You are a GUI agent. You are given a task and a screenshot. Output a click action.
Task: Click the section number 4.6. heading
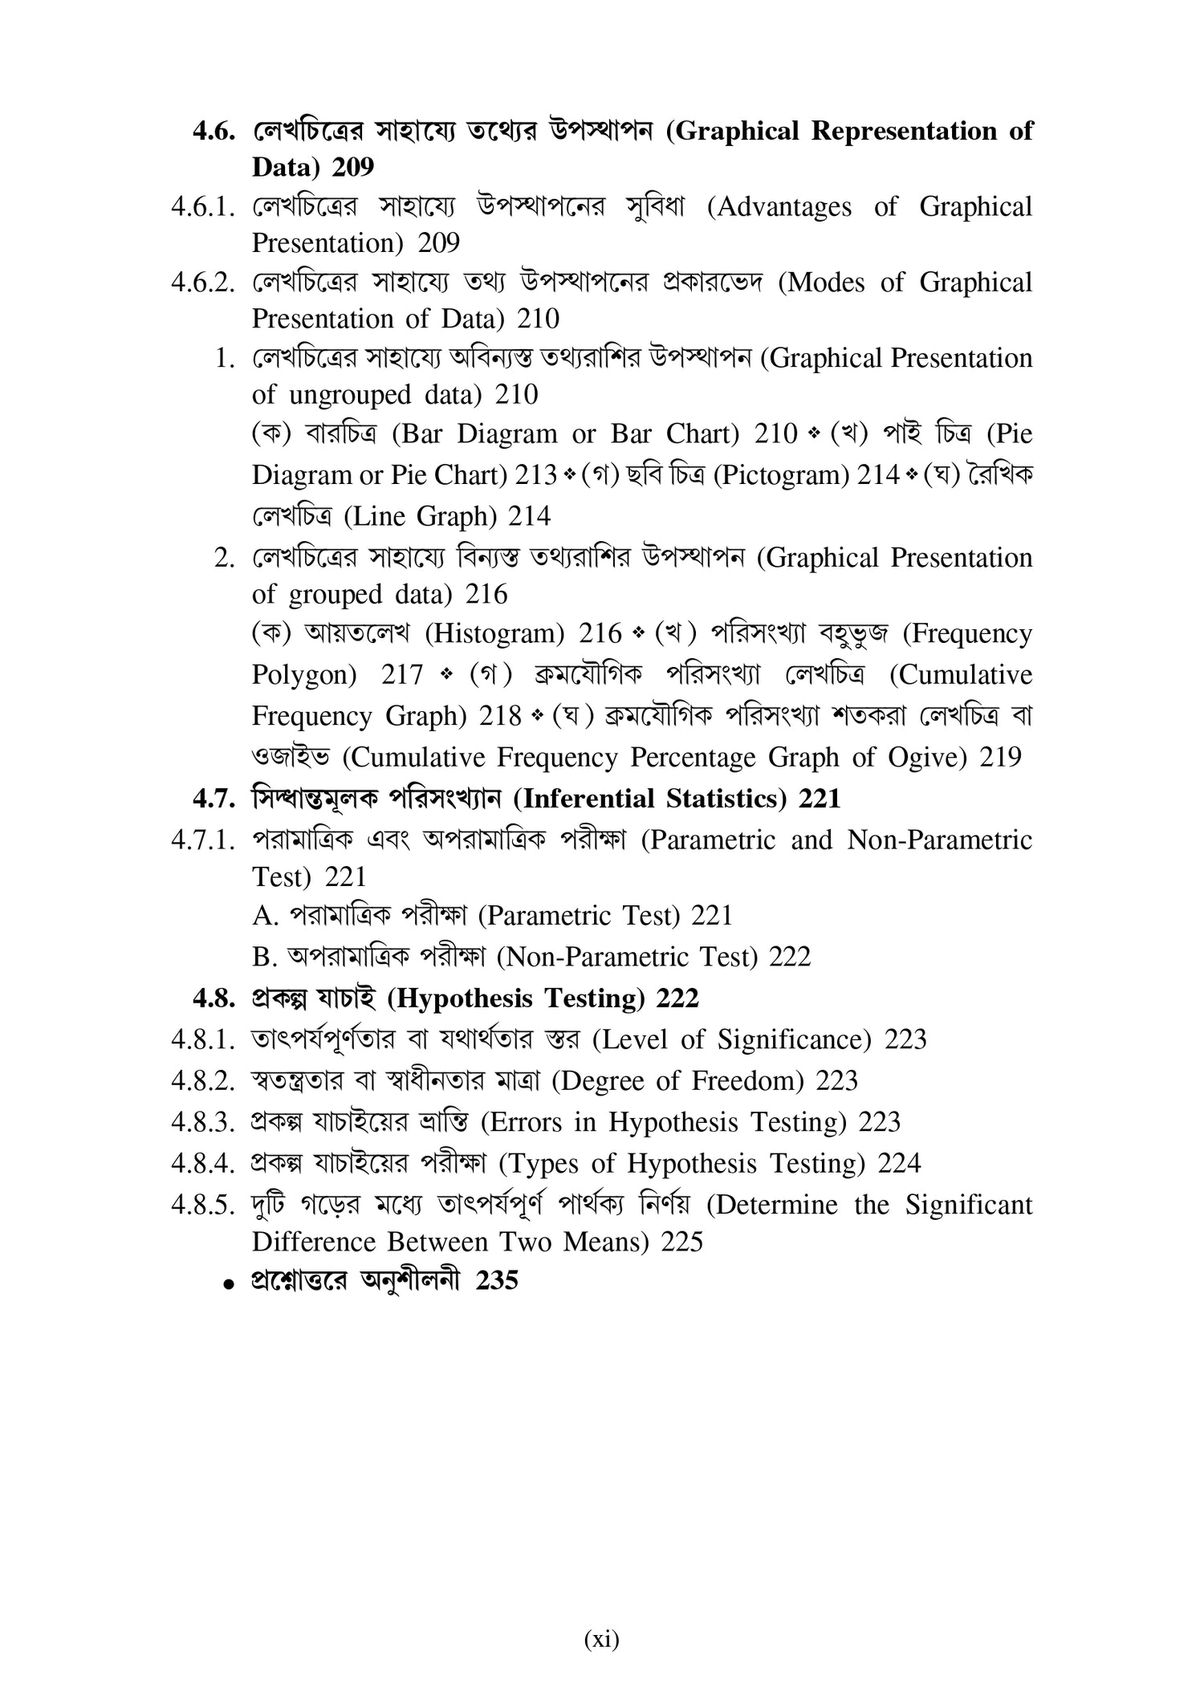pos(214,132)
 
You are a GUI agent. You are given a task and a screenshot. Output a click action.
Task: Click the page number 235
pos(497,1280)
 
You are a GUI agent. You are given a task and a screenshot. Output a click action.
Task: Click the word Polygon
pos(304,675)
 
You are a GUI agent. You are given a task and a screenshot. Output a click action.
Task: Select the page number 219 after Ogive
pos(1000,758)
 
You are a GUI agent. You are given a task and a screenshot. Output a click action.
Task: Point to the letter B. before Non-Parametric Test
pos(264,958)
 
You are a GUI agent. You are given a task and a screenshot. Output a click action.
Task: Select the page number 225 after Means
pos(681,1242)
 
